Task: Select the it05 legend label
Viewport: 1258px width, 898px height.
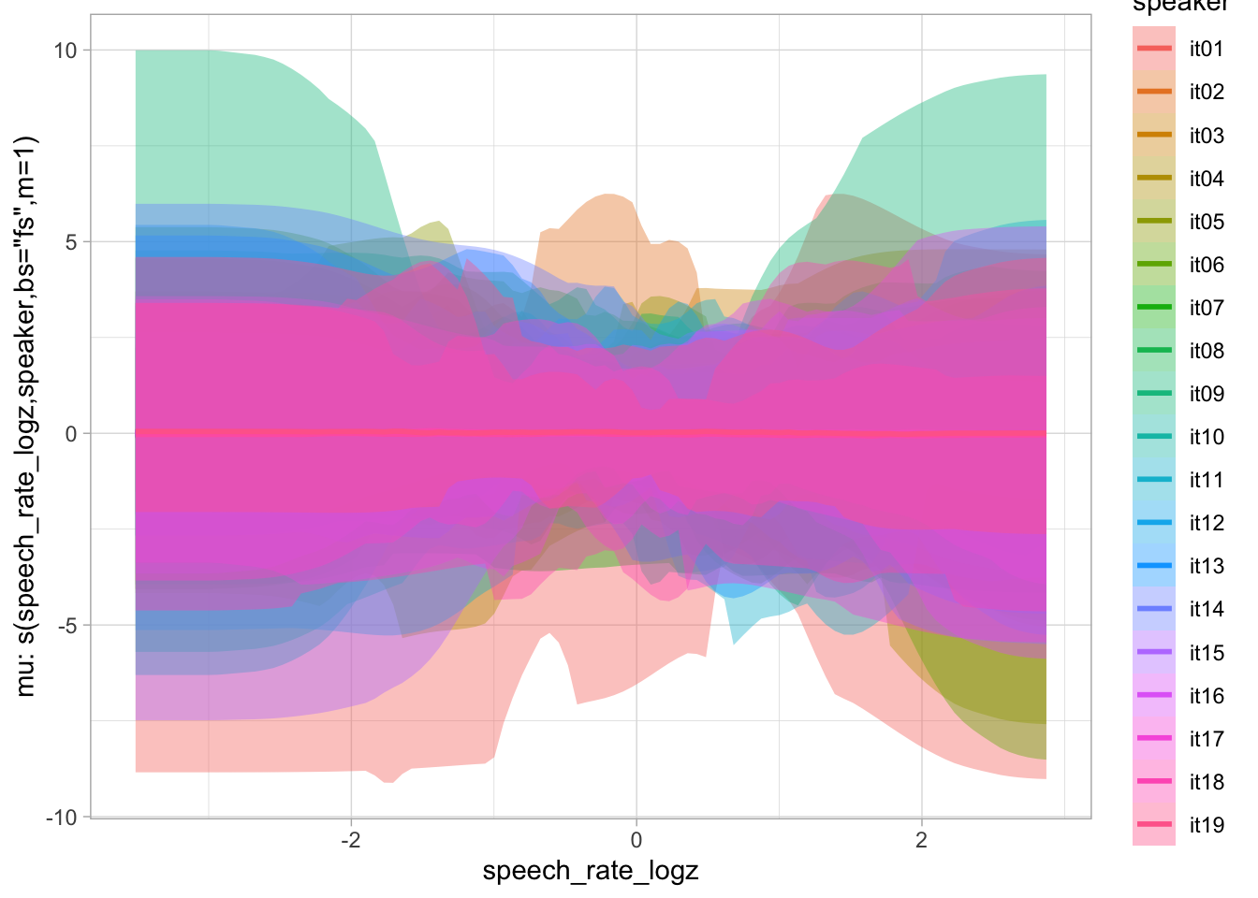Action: pos(1206,222)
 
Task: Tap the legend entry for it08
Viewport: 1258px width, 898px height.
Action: pos(1206,351)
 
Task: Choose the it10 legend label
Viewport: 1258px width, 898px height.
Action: pos(1206,437)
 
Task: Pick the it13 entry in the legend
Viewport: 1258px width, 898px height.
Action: pos(1206,566)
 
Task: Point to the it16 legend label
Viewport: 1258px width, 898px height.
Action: pos(1206,696)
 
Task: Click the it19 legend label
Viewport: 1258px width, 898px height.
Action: pos(1206,825)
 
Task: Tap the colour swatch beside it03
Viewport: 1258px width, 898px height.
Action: pos(1154,136)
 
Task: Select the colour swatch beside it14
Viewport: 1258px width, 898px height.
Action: pos(1154,609)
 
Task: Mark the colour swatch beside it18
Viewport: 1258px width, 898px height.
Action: pos(1154,782)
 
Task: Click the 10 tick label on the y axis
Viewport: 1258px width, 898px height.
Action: pos(66,51)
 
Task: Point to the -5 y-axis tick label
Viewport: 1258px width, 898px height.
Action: pos(66,626)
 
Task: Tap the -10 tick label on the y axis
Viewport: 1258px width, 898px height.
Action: pos(62,818)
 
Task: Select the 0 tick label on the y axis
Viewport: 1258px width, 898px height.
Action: pos(71,434)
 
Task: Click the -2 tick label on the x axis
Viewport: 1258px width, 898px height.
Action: pos(350,840)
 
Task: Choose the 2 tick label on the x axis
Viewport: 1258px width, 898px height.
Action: pos(922,840)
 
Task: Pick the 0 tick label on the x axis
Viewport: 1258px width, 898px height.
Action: pos(636,840)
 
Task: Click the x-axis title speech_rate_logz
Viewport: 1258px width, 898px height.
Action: pos(591,872)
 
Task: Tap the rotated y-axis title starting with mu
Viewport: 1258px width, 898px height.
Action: pos(26,416)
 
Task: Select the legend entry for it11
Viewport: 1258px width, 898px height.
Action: pos(1206,480)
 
